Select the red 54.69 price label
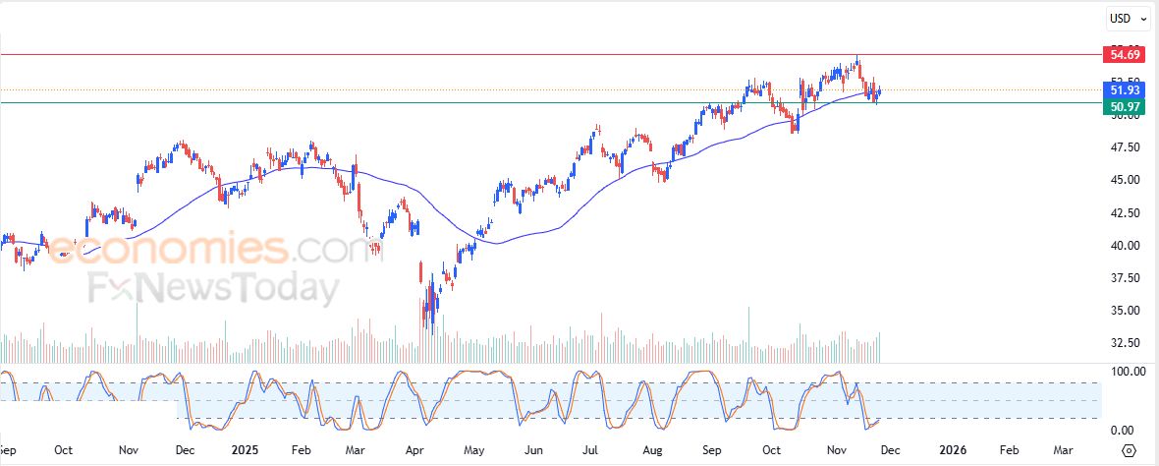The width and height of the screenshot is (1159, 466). pos(1124,54)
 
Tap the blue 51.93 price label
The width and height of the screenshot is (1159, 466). pos(1124,90)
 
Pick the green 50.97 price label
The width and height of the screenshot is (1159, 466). pos(1124,105)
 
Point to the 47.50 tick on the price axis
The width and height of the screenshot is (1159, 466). pos(1125,147)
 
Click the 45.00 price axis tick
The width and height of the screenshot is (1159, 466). pos(1125,180)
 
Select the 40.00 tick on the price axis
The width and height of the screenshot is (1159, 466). pos(1125,245)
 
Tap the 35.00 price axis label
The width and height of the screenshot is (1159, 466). pos(1125,311)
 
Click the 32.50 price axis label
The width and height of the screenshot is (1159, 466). pos(1125,343)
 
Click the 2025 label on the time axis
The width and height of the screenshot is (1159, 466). pos(245,450)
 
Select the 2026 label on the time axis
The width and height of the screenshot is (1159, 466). pos(953,450)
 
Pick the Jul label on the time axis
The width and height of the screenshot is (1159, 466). pos(591,450)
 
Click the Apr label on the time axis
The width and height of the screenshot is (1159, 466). pos(414,450)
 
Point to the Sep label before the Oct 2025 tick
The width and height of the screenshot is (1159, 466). pos(713,450)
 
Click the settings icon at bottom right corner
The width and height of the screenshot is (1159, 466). pos(1129,450)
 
